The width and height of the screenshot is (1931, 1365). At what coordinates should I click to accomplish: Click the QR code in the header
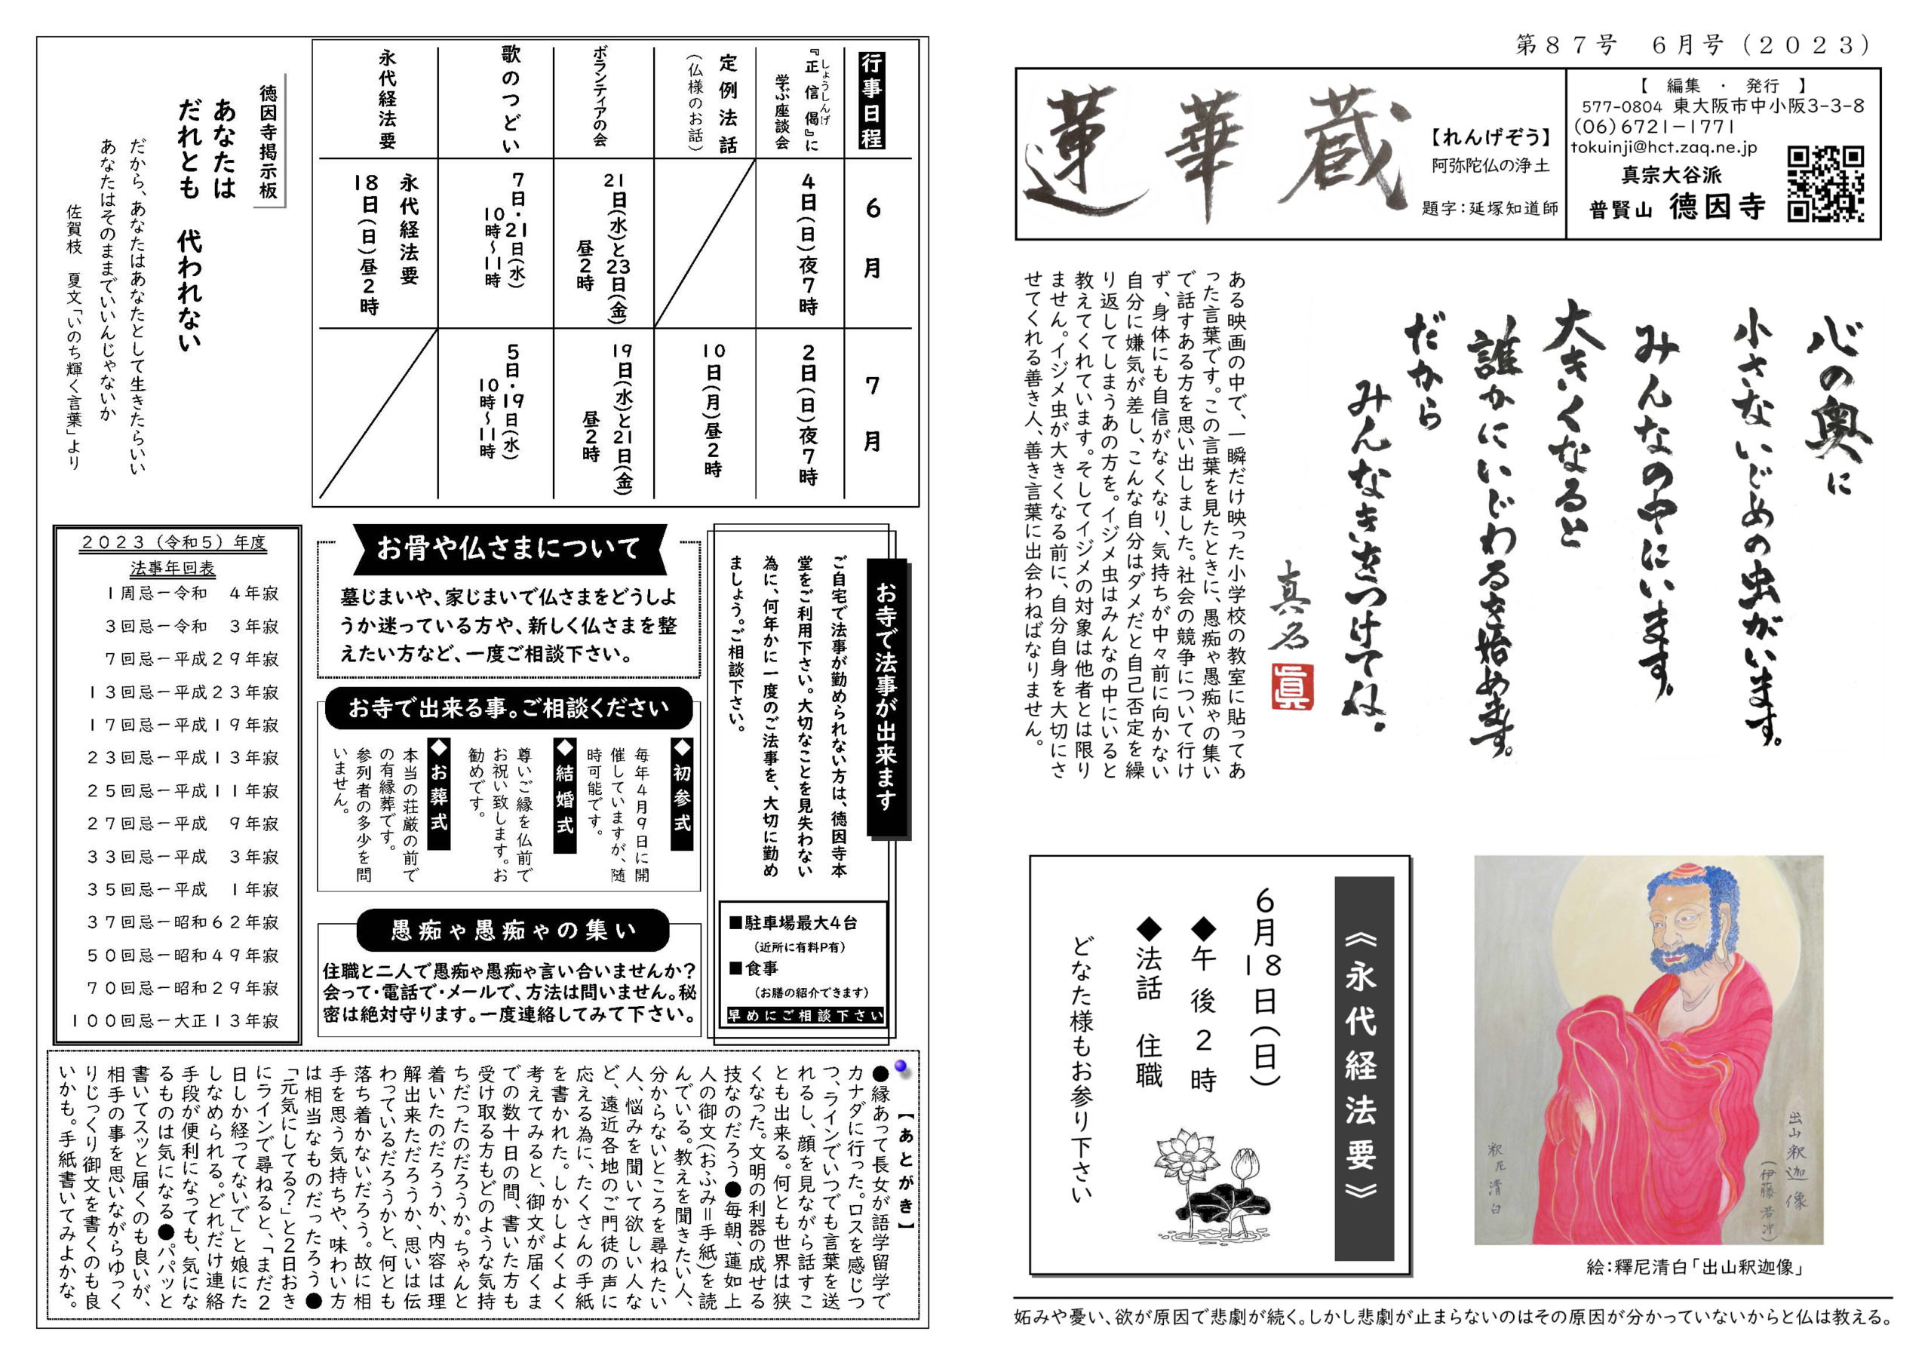pyautogui.click(x=1825, y=184)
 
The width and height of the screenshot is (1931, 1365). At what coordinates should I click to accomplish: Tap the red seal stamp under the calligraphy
pyautogui.click(x=1292, y=686)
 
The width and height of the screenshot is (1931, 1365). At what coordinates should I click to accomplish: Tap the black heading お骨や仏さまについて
pyautogui.click(x=509, y=548)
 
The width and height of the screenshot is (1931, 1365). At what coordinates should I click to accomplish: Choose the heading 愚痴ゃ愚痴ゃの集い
pyautogui.click(x=513, y=929)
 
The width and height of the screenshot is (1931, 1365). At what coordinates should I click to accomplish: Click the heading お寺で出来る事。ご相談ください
pyautogui.click(x=509, y=707)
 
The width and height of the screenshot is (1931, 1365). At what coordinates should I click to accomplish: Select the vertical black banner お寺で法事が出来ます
pyautogui.click(x=886, y=698)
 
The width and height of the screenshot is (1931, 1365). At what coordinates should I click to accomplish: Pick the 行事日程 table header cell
pyautogui.click(x=872, y=100)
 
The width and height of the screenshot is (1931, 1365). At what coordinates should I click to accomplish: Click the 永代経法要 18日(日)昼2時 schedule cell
pyautogui.click(x=386, y=244)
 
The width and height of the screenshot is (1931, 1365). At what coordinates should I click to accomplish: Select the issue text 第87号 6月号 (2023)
pyautogui.click(x=1691, y=45)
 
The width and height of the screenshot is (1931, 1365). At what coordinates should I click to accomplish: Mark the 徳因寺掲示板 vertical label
pyautogui.click(x=269, y=141)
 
